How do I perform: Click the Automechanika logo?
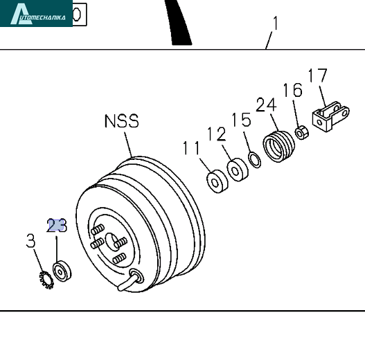pos(36,13)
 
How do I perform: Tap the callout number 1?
pos(276,23)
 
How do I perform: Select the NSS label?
pos(121,121)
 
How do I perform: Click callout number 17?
pos(317,75)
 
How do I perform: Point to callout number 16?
pos(293,90)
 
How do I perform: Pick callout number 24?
pos(266,105)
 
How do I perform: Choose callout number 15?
pos(242,120)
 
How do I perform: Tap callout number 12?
pos(217,134)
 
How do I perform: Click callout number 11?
pos(191,148)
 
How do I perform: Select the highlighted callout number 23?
pos(57,225)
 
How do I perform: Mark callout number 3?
pos(30,240)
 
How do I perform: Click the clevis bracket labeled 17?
pos(330,116)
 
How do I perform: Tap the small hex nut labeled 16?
pos(302,133)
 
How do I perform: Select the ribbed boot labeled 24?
pos(278,147)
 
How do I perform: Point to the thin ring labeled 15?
pos(255,160)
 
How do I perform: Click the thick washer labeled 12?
pos(238,170)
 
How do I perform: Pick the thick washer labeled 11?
pos(217,181)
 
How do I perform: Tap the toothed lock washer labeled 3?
pos(46,280)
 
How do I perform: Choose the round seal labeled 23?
pos(62,271)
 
